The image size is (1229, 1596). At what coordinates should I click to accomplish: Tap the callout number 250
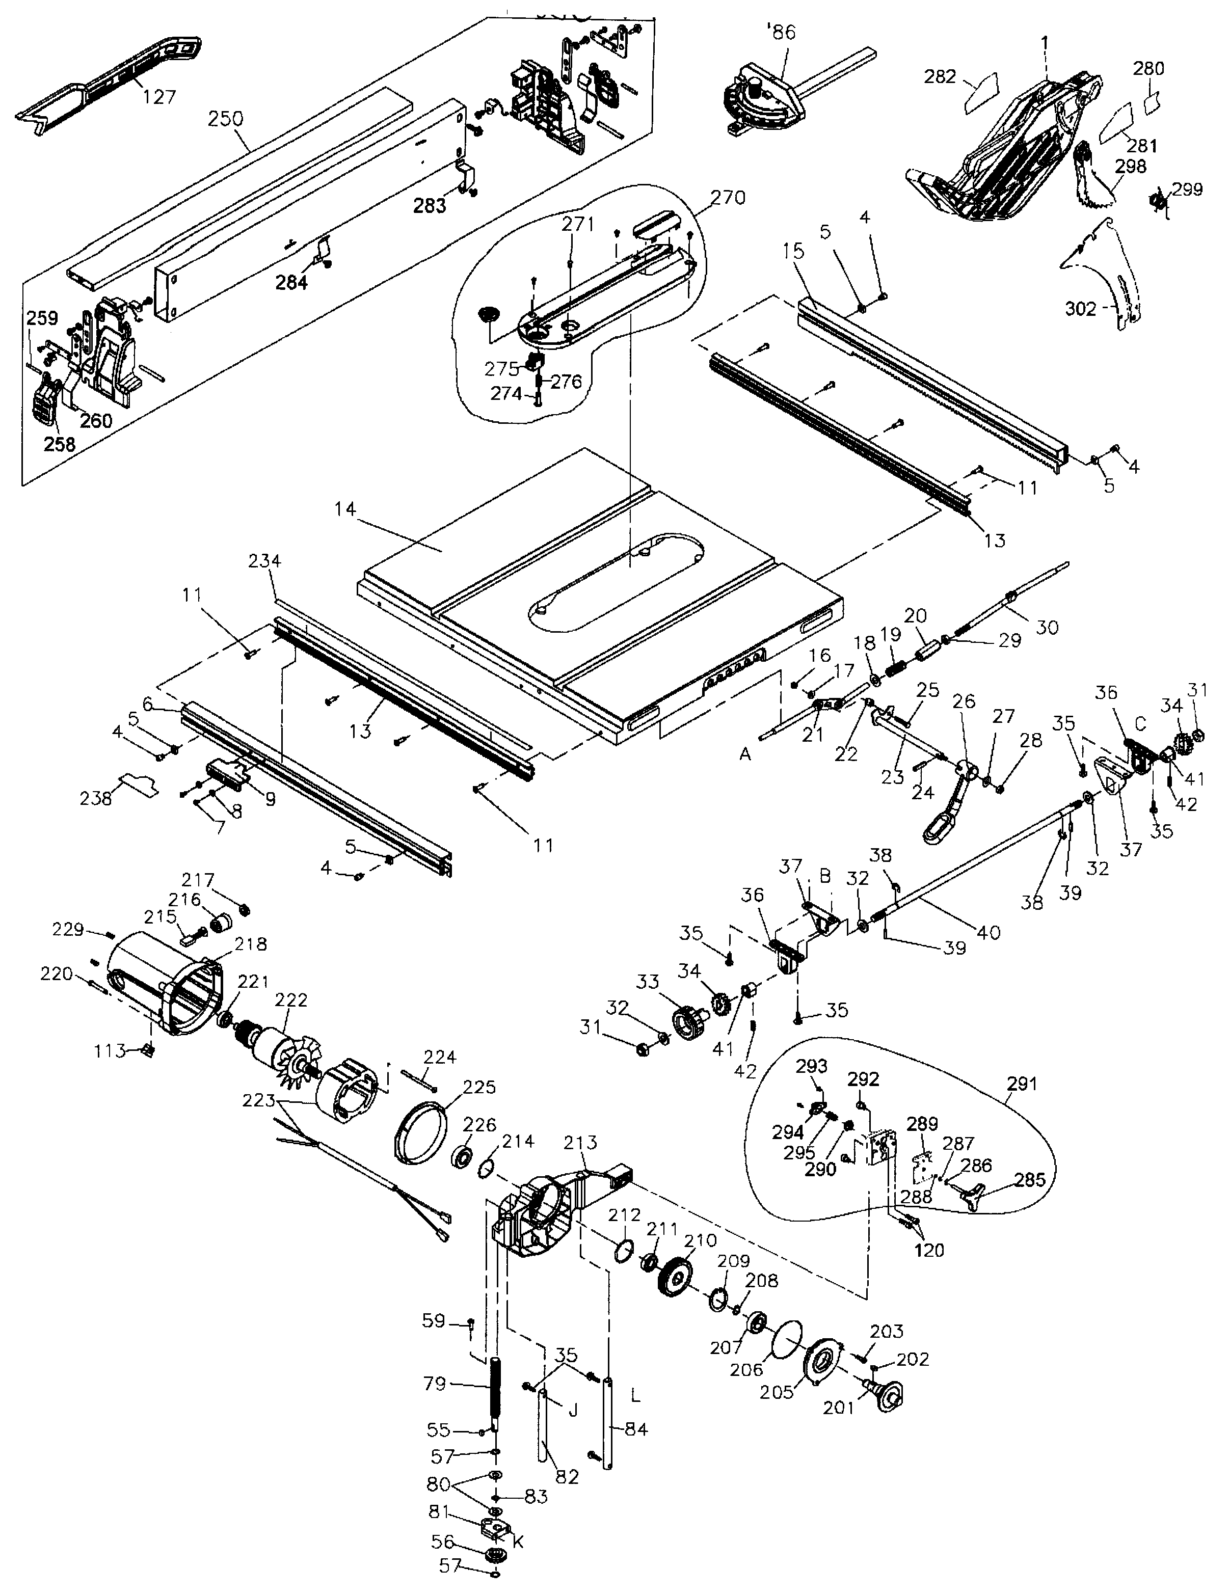(x=225, y=118)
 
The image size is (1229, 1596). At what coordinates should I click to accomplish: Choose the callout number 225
(x=479, y=1087)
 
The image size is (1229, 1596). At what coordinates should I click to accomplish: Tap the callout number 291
(x=1021, y=1083)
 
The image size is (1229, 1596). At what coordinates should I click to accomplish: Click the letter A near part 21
(x=744, y=753)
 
